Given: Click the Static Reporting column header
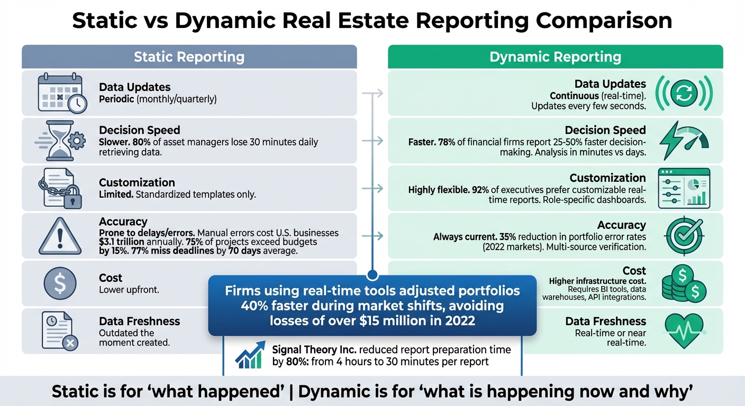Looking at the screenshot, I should point(189,57).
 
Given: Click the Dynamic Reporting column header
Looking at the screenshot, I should point(555,57).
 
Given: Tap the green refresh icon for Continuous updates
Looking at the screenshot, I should point(684,93).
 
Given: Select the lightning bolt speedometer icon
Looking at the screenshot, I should point(684,140).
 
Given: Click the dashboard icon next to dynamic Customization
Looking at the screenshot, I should point(684,189).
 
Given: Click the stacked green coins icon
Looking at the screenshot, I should point(684,283).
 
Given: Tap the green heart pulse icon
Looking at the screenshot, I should point(684,330).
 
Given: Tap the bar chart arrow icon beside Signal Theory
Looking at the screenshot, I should point(250,355).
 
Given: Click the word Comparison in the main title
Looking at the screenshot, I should point(604,20).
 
